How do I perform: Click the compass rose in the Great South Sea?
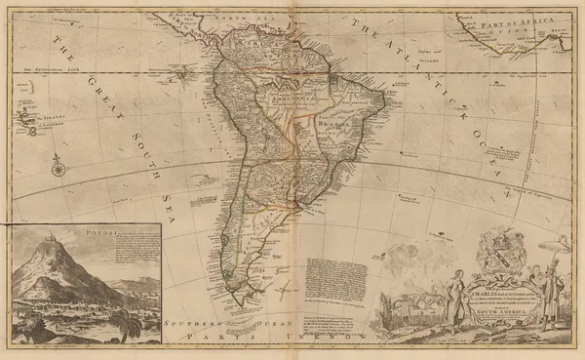point(58,168)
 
